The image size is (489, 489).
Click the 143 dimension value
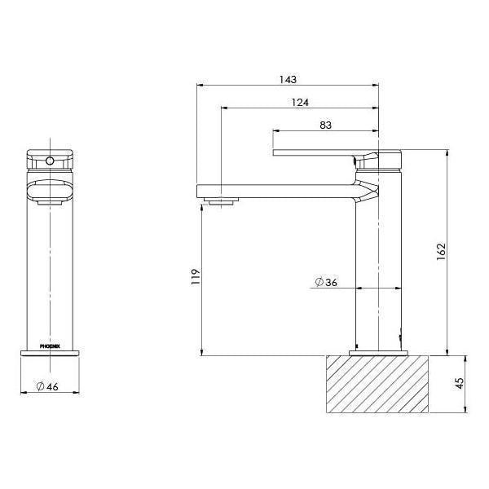[287, 79]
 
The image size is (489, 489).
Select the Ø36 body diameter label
[325, 283]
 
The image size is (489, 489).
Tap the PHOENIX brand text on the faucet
[51, 345]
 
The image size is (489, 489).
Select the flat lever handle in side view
[314, 152]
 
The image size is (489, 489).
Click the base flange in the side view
[378, 352]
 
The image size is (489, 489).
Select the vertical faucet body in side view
[378, 269]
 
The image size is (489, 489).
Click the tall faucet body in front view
[51, 269]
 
